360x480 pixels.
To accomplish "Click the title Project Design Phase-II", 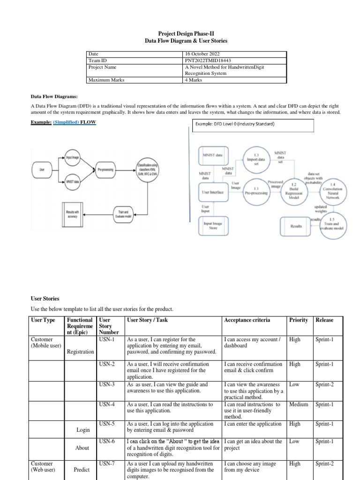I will pyautogui.click(x=180, y=34).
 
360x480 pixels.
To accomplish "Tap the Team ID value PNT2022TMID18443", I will pyautogui.click(x=208, y=60).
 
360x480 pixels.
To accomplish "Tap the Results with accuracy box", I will pyautogui.click(x=72, y=214).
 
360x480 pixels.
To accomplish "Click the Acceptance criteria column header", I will pyautogui.click(x=247, y=320).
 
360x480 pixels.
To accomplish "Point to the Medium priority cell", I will pyautogui.click(x=299, y=405).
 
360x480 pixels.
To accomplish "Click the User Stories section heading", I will pyautogui.click(x=45, y=298).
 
